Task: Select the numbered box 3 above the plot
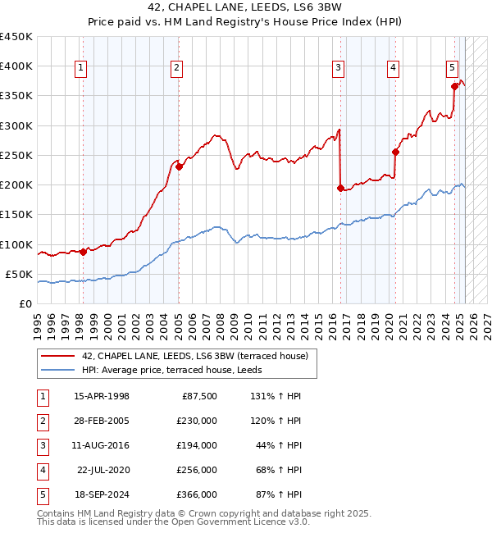(338, 68)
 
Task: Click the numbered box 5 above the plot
(452, 68)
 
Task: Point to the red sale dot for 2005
(180, 166)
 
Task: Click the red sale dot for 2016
(340, 188)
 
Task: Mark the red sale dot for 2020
(395, 152)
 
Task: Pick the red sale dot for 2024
(454, 86)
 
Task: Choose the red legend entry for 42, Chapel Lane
(194, 356)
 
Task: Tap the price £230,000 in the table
(197, 421)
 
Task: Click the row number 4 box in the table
(40, 470)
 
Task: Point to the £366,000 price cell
(197, 494)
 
